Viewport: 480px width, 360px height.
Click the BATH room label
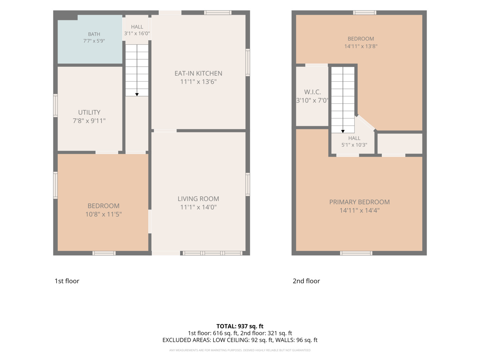click(94, 34)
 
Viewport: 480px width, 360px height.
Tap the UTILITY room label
click(89, 112)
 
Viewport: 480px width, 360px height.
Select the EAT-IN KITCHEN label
click(198, 73)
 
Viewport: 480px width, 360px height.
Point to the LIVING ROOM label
click(198, 199)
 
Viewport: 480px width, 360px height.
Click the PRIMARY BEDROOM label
click(360, 202)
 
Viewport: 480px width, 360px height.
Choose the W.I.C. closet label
click(312, 92)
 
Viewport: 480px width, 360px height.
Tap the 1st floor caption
click(67, 281)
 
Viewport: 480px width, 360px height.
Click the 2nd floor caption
click(306, 281)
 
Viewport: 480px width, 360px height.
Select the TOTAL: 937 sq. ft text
click(240, 326)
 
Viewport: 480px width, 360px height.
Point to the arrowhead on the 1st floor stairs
click(137, 94)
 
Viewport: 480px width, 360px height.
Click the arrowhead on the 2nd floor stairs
click(343, 131)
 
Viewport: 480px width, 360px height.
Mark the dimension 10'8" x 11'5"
click(103, 214)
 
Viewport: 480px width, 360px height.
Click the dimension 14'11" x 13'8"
click(361, 46)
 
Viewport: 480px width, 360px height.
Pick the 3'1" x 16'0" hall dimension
click(137, 33)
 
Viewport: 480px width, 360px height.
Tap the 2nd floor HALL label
click(354, 138)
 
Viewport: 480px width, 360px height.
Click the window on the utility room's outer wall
click(56, 106)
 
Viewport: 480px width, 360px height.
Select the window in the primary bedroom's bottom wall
click(356, 253)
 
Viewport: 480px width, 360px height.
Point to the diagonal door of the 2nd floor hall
click(366, 123)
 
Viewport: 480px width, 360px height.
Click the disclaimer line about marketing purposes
click(240, 350)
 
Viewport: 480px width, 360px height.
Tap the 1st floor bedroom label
click(103, 206)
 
